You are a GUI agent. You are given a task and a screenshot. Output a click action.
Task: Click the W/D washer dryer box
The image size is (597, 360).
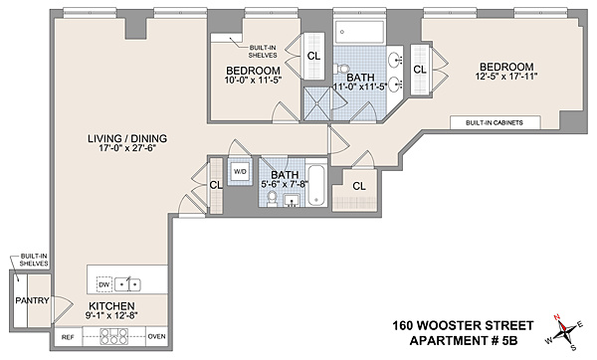click(240, 172)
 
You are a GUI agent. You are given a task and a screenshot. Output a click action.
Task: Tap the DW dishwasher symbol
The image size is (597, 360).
click(103, 284)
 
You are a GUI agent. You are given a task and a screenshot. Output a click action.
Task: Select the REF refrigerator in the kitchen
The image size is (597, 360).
click(68, 337)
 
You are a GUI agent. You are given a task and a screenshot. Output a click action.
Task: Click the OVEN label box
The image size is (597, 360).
click(156, 337)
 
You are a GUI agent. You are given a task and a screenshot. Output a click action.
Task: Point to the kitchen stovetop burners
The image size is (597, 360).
click(113, 337)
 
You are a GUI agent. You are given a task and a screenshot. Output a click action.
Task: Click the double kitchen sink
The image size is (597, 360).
click(127, 284)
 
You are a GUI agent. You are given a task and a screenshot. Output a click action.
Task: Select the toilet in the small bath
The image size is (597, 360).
click(273, 199)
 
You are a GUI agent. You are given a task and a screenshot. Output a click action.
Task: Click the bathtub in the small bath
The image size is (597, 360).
click(316, 185)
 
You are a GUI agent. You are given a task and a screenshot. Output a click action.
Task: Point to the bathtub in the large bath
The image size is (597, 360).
click(360, 32)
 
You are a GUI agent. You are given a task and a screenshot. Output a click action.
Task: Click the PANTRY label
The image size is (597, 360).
click(33, 300)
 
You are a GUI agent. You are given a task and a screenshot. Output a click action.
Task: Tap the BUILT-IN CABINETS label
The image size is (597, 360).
click(495, 123)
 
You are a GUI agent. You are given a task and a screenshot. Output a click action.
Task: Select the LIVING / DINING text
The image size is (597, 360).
click(127, 138)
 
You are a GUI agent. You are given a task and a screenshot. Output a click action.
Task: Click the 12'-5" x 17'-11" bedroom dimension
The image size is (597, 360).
click(506, 77)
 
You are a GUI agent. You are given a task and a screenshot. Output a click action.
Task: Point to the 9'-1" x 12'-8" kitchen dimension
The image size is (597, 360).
click(111, 315)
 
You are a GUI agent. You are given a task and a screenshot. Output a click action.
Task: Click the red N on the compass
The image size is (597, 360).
click(556, 316)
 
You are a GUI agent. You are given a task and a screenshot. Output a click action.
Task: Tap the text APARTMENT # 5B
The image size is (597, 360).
click(464, 340)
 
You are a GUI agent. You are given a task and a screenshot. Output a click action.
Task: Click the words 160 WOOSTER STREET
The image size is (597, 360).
click(463, 326)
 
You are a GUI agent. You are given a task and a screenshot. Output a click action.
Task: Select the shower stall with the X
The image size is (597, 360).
click(317, 103)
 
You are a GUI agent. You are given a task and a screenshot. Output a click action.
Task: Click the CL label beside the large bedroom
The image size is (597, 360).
click(420, 70)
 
